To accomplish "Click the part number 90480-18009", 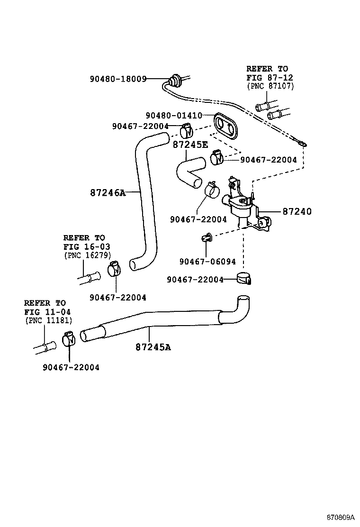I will point(118,79).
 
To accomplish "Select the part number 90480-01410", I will point(174,115).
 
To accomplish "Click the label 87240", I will point(297,211).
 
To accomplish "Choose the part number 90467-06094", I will point(207,261).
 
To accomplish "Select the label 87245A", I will point(153,347).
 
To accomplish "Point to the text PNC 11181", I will point(48,320).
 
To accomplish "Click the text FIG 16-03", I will point(84,246).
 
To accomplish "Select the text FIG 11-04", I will point(45,311).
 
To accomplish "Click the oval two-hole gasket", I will point(225,125).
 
